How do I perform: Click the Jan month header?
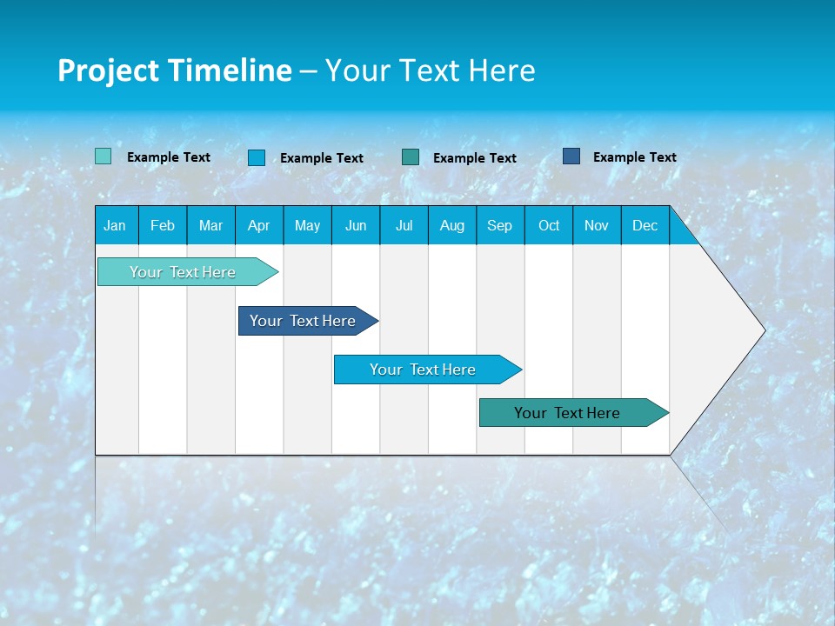[115, 225]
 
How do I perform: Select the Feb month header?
[163, 225]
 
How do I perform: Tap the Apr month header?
[258, 225]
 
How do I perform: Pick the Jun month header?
[356, 225]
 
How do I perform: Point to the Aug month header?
[451, 225]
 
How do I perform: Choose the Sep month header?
[499, 225]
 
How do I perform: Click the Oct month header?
[549, 225]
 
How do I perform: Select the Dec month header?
[645, 225]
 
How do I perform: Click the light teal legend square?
[103, 156]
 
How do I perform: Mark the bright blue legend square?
[257, 157]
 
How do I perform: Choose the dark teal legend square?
[411, 156]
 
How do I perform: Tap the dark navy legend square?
[571, 156]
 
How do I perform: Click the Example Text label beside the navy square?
[634, 157]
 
